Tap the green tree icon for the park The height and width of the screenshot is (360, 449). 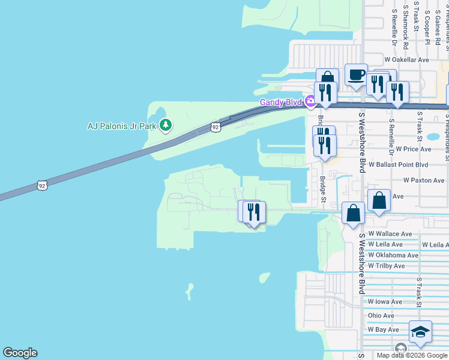click(x=166, y=126)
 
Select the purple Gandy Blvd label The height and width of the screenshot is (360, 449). click(x=280, y=102)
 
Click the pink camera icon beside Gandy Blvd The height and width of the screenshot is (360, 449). click(x=310, y=101)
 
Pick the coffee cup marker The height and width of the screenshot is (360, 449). click(x=356, y=76)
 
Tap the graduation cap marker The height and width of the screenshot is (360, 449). click(x=420, y=332)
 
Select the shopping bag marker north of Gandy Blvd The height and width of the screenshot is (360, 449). click(x=328, y=78)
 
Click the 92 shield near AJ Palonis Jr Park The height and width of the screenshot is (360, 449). click(x=216, y=127)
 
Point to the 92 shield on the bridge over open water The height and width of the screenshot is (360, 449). click(x=42, y=185)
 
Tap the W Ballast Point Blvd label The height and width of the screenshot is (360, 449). click(x=398, y=164)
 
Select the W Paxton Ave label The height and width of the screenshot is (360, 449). click(x=424, y=180)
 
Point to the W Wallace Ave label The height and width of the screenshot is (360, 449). click(x=390, y=233)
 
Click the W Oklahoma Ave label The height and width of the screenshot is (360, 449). click(x=393, y=255)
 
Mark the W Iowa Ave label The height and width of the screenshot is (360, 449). click(x=385, y=302)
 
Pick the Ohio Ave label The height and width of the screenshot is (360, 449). click(x=381, y=316)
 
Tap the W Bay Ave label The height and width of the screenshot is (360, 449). click(x=384, y=329)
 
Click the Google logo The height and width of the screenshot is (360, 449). click(x=20, y=353)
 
